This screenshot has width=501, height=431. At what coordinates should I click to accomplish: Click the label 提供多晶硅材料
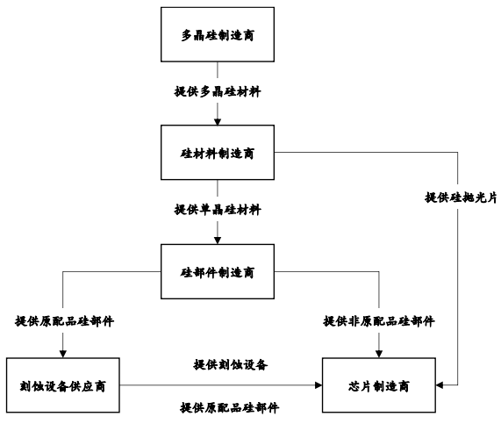coord(218,92)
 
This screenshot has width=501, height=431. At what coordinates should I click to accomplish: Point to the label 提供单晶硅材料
coord(218,210)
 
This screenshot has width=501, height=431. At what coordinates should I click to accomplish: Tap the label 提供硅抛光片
coord(461,198)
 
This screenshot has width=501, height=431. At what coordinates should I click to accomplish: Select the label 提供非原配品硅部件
coord(379,321)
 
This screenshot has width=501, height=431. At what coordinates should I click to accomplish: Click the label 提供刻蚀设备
coord(231,364)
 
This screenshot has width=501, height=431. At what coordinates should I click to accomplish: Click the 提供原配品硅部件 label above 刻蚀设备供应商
coord(64,321)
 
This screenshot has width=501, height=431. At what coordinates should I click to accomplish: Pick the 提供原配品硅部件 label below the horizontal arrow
coord(229,407)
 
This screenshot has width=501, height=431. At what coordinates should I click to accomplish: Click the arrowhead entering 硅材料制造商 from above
coord(218,122)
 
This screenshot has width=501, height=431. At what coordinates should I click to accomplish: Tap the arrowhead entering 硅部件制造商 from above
coord(218,241)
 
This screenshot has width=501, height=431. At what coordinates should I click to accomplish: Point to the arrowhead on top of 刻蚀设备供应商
coord(63,355)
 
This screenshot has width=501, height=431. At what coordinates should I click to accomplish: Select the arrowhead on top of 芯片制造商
coord(379,355)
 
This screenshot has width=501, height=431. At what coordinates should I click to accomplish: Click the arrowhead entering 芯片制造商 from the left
coord(318,385)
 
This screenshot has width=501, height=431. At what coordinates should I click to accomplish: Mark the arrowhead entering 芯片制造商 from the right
coord(440,385)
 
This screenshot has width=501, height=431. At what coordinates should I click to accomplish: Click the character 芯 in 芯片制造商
coord(354,386)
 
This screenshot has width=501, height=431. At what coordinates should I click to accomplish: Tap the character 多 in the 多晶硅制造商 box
coord(187,35)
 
